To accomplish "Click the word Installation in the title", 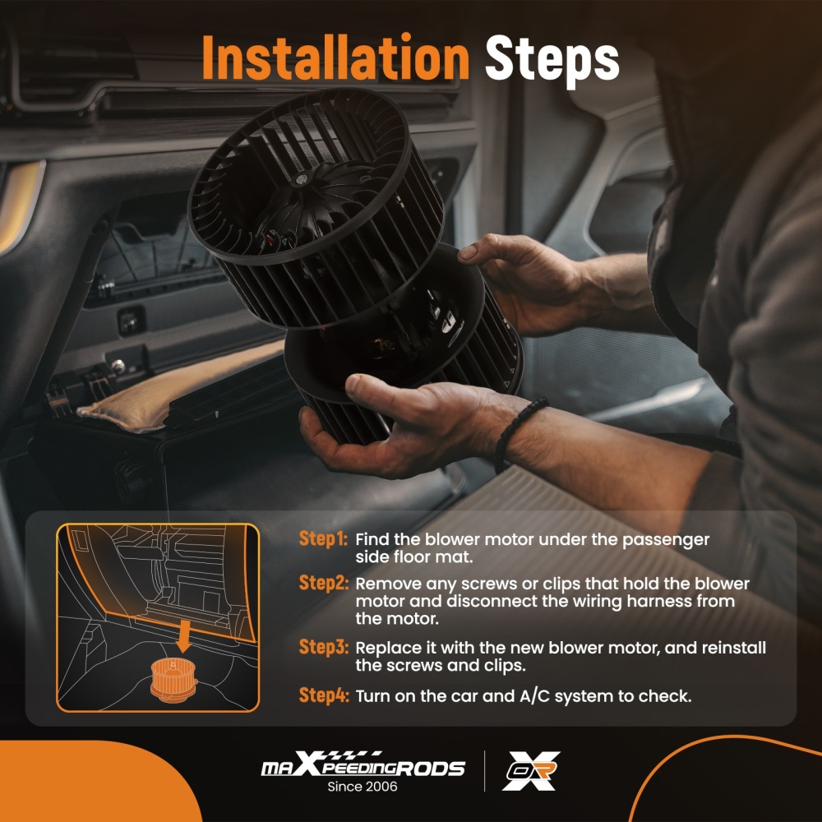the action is (x=335, y=58).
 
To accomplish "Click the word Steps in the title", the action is (x=552, y=61).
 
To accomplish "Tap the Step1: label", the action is (x=323, y=538).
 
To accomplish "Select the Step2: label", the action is (x=323, y=583).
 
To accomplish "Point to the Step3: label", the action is (x=323, y=647).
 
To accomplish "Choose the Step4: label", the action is (x=323, y=695).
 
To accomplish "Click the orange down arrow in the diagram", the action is (x=183, y=635).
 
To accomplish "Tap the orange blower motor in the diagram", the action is (x=173, y=680).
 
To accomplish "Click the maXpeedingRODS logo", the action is (x=363, y=764).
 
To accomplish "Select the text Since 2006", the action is (x=363, y=787).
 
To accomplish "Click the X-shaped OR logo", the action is (x=531, y=771).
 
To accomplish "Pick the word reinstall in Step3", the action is (x=733, y=648).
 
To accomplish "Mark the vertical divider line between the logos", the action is (x=484, y=771).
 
